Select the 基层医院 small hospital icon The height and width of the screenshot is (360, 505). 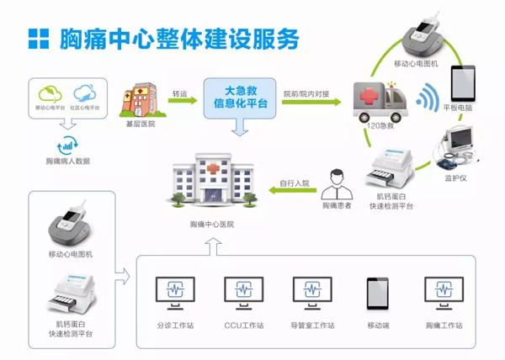click(139, 101)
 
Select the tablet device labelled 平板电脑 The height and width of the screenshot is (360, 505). click(465, 84)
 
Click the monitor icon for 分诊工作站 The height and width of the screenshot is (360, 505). click(176, 293)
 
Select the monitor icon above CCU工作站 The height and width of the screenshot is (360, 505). click(244, 293)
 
